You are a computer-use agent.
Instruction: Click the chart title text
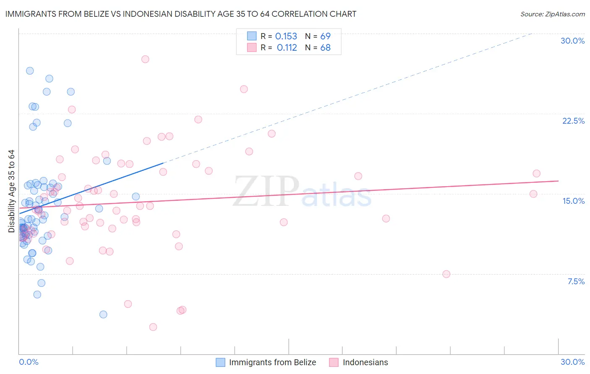(x=180, y=14)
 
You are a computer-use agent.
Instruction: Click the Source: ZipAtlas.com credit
(x=552, y=14)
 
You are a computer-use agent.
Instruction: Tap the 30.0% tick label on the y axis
(x=572, y=41)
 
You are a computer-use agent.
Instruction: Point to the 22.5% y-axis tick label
(x=573, y=121)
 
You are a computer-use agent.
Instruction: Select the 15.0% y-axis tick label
(x=573, y=201)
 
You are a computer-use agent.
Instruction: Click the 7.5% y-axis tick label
(x=576, y=281)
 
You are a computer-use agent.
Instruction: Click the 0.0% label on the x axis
(x=29, y=362)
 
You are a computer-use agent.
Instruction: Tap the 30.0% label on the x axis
(x=572, y=362)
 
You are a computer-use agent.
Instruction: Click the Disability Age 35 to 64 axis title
(x=11, y=191)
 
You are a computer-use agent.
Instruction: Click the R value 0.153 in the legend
(x=286, y=36)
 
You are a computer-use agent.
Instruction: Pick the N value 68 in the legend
(x=325, y=48)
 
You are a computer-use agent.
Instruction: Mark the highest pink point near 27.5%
(x=145, y=59)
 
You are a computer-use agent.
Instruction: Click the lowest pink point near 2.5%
(x=153, y=327)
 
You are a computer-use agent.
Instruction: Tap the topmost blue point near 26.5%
(x=30, y=71)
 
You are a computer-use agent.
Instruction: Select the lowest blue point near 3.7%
(x=103, y=314)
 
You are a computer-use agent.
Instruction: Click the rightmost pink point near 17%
(x=536, y=174)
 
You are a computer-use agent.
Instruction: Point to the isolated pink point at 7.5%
(x=446, y=274)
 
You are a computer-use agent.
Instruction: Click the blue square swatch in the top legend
(x=251, y=36)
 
